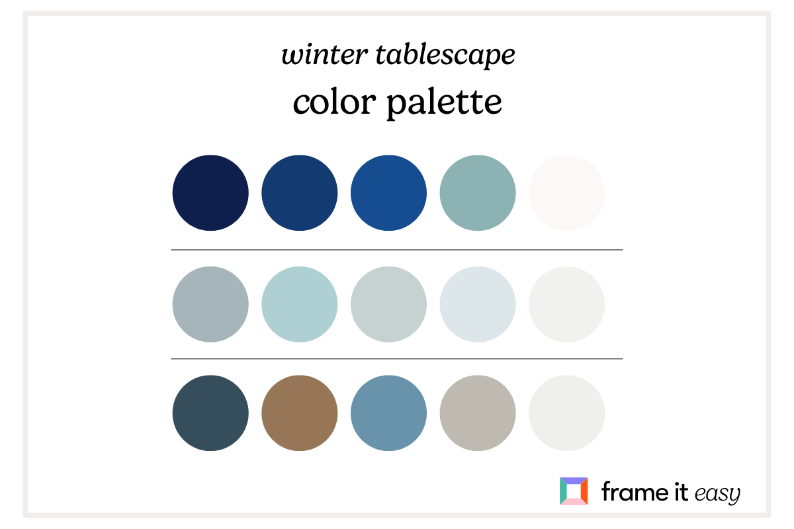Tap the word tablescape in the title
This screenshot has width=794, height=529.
pyautogui.click(x=444, y=56)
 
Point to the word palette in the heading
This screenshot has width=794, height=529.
pyautogui.click(x=445, y=104)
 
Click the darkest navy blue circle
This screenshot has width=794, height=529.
pyautogui.click(x=210, y=193)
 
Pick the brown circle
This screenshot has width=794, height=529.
pyautogui.click(x=300, y=413)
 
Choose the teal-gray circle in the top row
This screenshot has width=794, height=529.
pyautogui.click(x=478, y=193)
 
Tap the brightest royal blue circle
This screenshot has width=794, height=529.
pyautogui.click(x=388, y=193)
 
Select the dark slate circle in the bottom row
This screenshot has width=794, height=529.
pyautogui.click(x=210, y=413)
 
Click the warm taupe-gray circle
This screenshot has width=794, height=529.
pyautogui.click(x=478, y=413)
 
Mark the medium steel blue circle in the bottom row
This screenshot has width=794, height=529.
pyautogui.click(x=388, y=413)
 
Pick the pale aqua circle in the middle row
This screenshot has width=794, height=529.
pyautogui.click(x=300, y=304)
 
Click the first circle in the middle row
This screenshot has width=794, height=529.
pyautogui.click(x=210, y=304)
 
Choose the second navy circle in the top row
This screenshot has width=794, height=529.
pyautogui.click(x=300, y=193)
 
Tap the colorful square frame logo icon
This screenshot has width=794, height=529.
pyautogui.click(x=573, y=491)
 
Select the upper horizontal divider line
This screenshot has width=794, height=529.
pyautogui.click(x=397, y=250)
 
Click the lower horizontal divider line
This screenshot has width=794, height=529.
pyautogui.click(x=397, y=359)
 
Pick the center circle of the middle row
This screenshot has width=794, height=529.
pyautogui.click(x=388, y=304)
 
